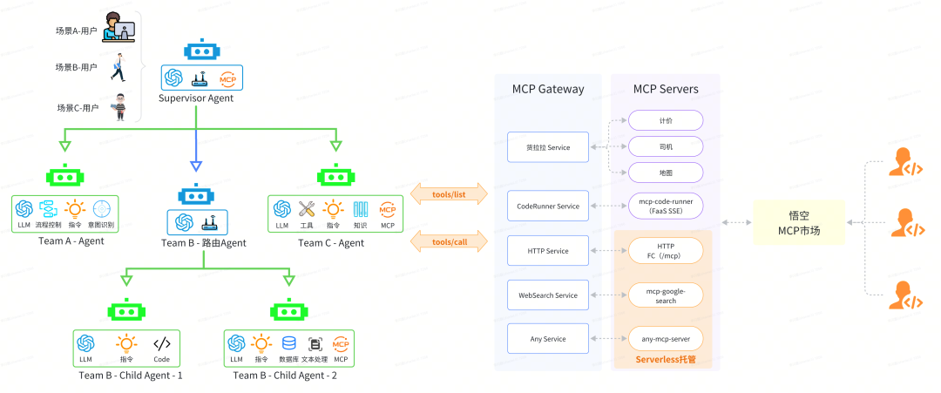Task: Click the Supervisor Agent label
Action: (x=196, y=98)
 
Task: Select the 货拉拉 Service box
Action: (x=547, y=147)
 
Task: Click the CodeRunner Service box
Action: (x=547, y=207)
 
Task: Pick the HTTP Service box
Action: (x=547, y=251)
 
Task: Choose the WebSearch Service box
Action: (x=547, y=295)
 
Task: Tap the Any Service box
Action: (x=547, y=339)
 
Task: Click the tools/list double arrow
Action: (x=448, y=194)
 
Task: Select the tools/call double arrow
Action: (x=448, y=241)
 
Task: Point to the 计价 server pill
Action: (x=665, y=119)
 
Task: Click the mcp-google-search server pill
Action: (x=665, y=295)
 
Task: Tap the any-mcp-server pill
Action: (x=665, y=339)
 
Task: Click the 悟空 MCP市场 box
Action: (x=799, y=223)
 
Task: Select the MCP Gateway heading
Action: (x=547, y=89)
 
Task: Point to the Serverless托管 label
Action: (x=665, y=359)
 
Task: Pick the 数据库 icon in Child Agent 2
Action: (x=288, y=343)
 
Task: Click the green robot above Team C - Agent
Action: (x=335, y=176)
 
